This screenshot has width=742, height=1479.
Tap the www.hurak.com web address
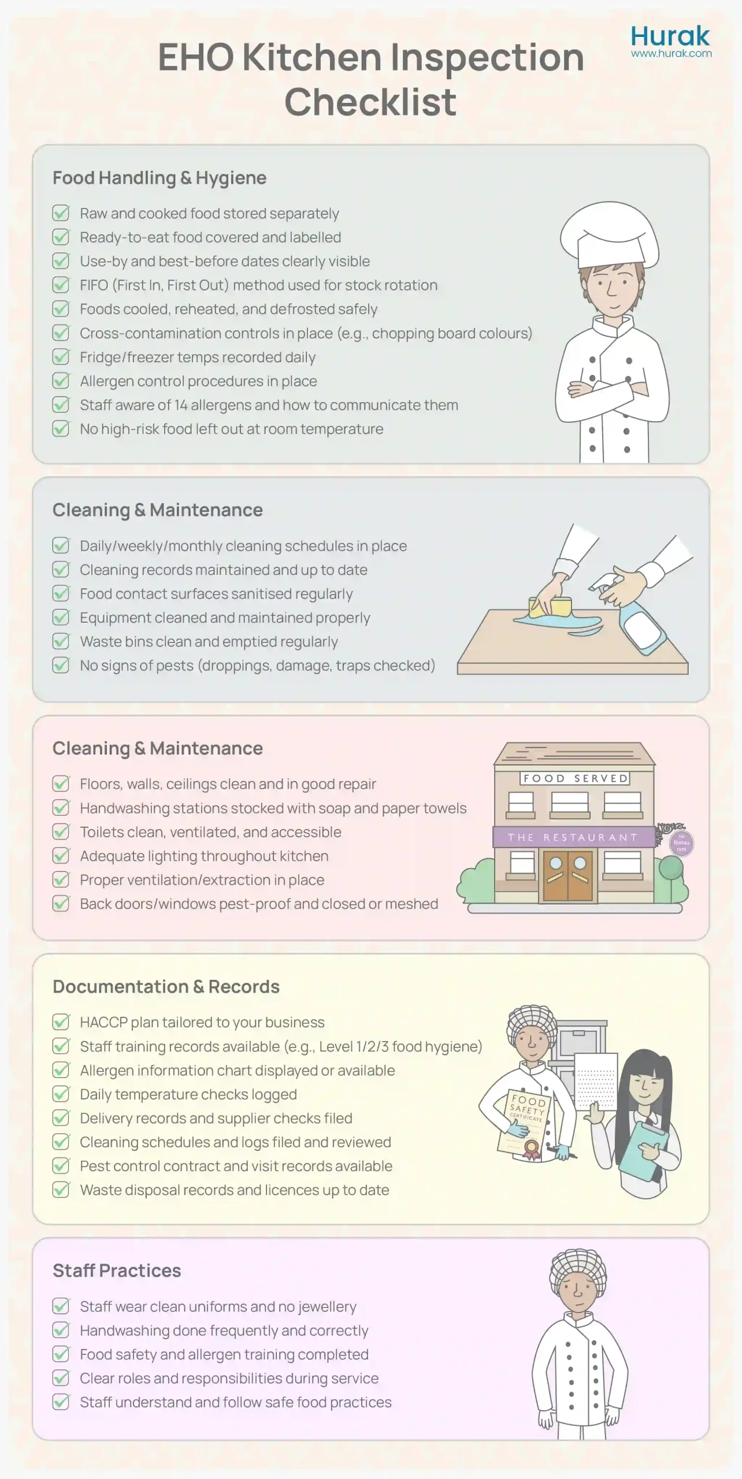coord(671,54)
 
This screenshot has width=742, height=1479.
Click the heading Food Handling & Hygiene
coord(159,178)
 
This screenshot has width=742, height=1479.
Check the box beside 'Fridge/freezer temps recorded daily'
coord(61,357)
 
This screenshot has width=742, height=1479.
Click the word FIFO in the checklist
coord(94,285)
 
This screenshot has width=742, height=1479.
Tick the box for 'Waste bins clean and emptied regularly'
coord(61,641)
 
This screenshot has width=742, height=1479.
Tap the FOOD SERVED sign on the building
coord(575,778)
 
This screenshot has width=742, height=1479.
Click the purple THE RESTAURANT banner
coord(573,837)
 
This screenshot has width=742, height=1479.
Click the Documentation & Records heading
coord(166,987)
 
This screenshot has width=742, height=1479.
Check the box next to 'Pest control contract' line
coord(61,1166)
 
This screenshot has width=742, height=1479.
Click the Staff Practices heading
coord(117,1271)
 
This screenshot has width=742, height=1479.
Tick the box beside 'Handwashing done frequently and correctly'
coord(61,1331)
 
